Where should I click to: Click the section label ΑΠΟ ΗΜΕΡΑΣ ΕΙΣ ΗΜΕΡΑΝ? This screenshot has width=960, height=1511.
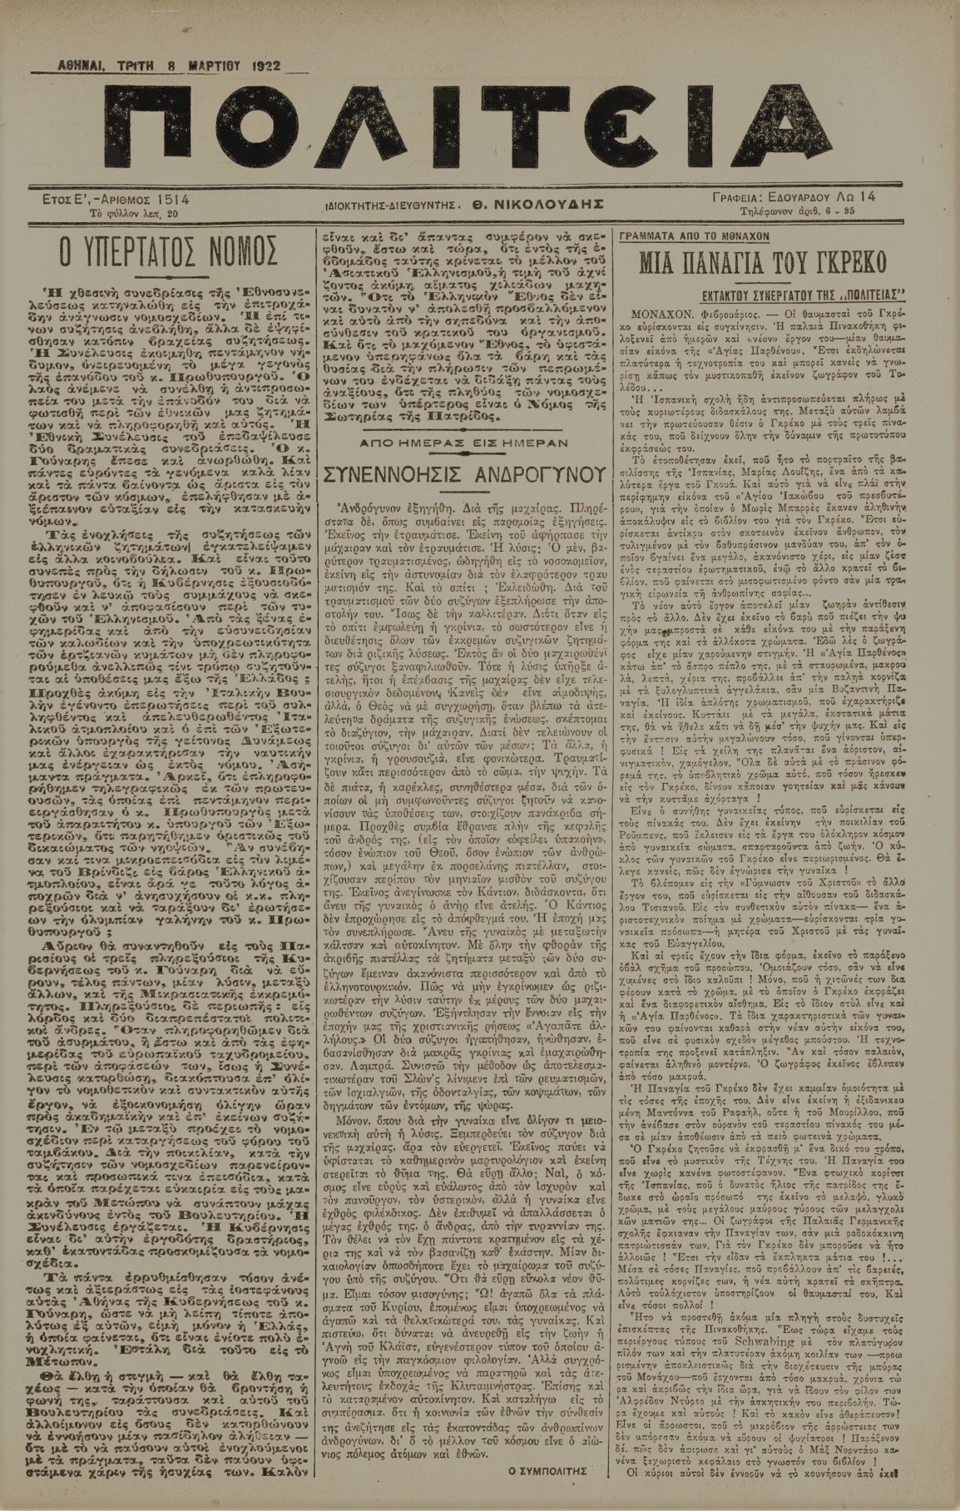pos(462,438)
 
